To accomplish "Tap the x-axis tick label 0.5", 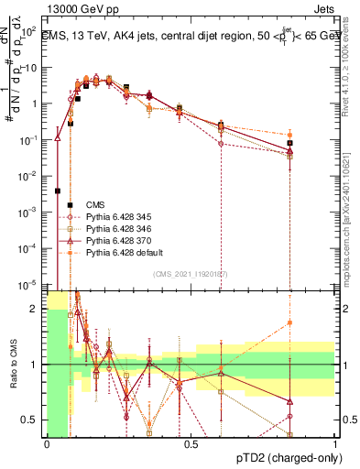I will (x=191, y=444).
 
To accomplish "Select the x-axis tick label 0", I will (x=48, y=444).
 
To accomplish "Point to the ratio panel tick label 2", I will (x=38, y=310).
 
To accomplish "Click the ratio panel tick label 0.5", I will (x=33, y=420).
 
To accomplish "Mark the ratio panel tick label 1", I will (x=38, y=365).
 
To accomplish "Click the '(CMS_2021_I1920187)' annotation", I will (x=191, y=273).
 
